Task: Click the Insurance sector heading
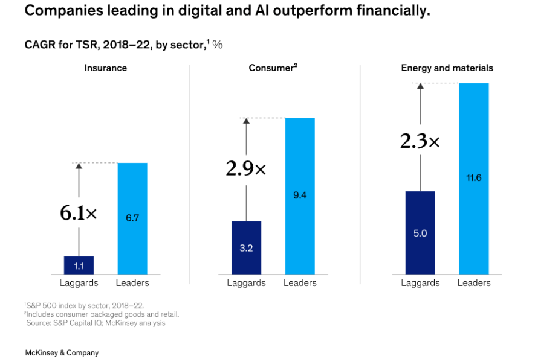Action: [105, 68]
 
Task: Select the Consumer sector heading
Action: [273, 68]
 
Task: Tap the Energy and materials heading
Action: [447, 68]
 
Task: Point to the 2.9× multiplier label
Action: [245, 168]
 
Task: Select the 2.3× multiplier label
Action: [420, 141]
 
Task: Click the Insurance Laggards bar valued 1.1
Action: [79, 265]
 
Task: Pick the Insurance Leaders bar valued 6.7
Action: [132, 218]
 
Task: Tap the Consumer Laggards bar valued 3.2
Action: [246, 248]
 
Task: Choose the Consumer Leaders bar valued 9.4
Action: [300, 195]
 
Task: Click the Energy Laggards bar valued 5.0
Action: [420, 233]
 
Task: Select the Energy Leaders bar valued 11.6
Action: [474, 179]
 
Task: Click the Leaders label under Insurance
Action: [132, 283]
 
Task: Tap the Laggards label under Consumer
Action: [246, 283]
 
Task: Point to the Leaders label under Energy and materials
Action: [474, 283]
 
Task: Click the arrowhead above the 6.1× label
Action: [79, 167]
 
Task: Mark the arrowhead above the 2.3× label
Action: [420, 86]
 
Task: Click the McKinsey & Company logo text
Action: [62, 352]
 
